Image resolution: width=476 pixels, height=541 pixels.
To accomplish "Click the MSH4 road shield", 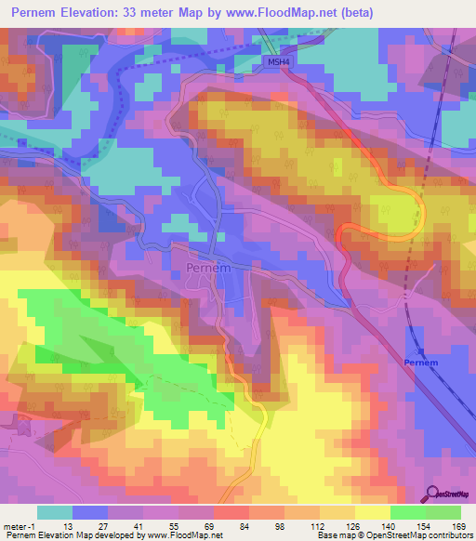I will (271, 60).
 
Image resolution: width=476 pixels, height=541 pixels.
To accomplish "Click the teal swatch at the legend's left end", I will (54, 512).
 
